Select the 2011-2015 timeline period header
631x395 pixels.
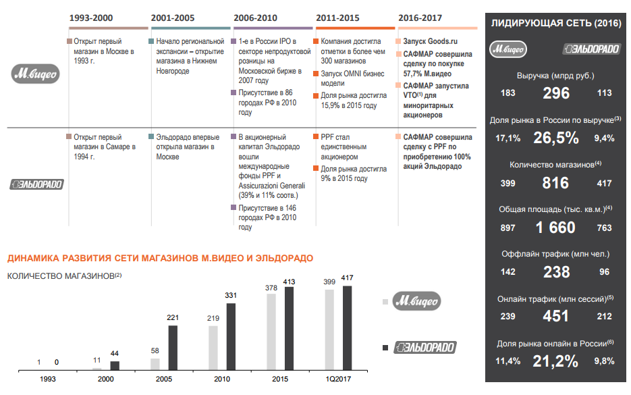337,18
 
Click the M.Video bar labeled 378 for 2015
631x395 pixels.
272,332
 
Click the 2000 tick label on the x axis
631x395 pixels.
106,380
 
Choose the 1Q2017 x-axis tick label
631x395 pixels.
338,380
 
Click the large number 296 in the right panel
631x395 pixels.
556,93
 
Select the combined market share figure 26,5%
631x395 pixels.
556,138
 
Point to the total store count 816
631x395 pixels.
556,182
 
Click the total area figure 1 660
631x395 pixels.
556,228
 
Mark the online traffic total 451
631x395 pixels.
556,316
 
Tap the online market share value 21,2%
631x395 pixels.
556,361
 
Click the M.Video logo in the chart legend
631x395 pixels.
416,300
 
